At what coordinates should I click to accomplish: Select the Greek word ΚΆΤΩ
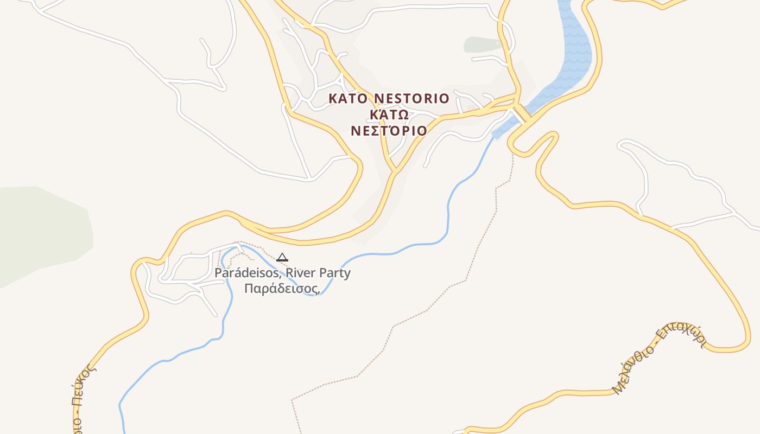[389, 115]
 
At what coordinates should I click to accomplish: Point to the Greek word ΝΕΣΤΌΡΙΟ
[389, 131]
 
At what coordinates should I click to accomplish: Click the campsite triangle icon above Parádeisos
[282, 257]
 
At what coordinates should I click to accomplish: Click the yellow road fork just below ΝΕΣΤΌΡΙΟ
[395, 172]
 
